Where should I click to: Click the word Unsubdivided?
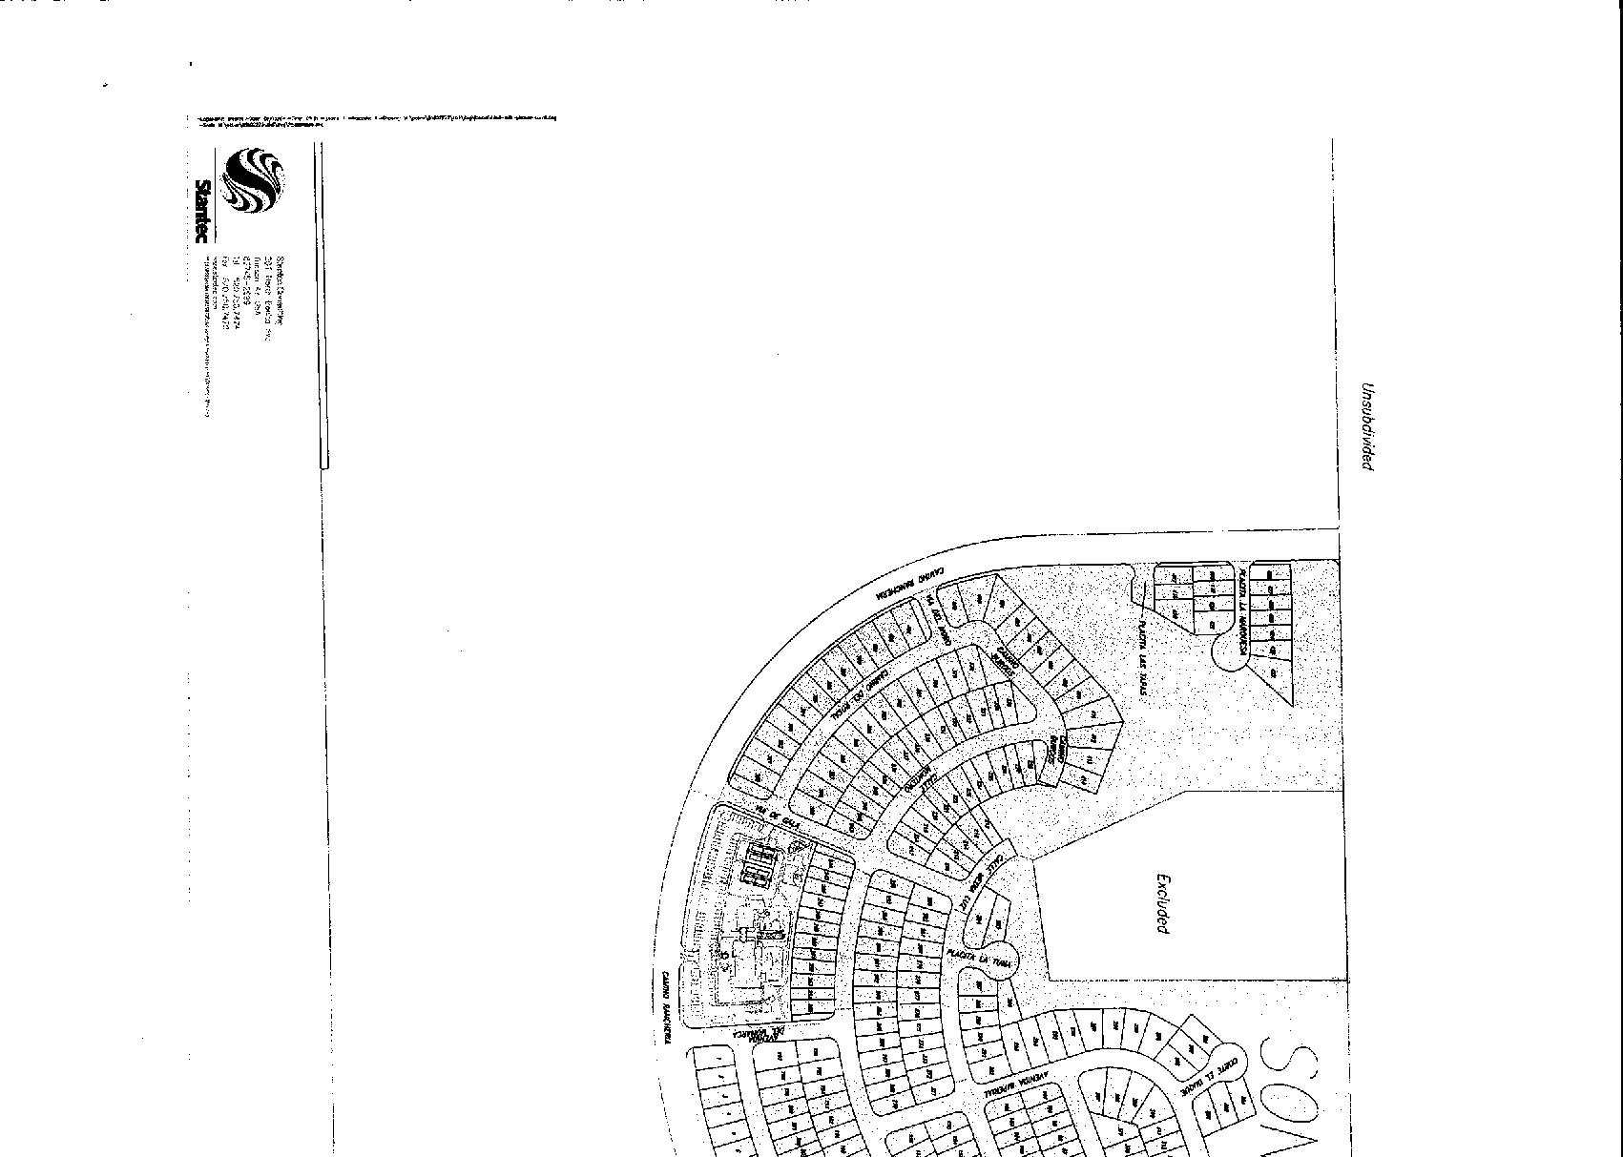1366,426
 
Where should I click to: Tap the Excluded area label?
1161,903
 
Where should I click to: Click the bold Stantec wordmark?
202,211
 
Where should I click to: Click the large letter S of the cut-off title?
1293,1066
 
